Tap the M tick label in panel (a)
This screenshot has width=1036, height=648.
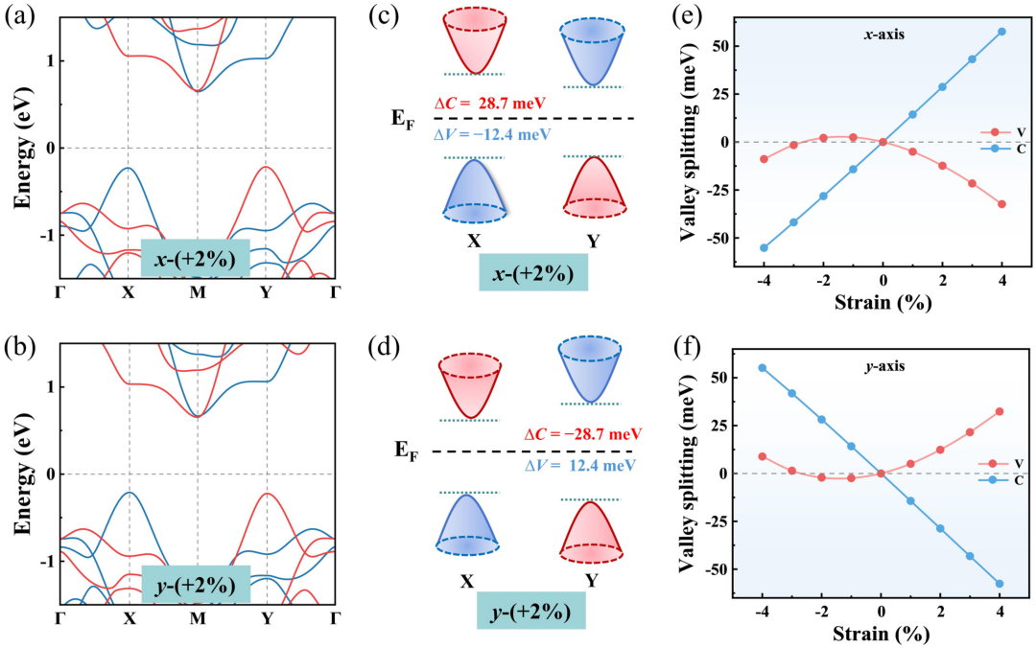tap(197, 292)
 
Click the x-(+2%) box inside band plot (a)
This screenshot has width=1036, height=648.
tap(195, 259)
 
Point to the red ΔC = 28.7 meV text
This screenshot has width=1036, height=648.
tap(489, 104)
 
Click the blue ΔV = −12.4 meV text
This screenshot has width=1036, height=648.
tap(491, 135)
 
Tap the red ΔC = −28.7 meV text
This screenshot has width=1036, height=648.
tap(583, 434)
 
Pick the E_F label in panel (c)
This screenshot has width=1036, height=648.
tap(404, 120)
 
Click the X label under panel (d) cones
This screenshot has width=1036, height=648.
tap(467, 581)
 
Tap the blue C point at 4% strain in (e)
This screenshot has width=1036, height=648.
tap(1001, 32)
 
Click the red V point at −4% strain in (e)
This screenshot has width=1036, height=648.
tap(764, 159)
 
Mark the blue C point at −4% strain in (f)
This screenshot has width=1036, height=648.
tap(763, 368)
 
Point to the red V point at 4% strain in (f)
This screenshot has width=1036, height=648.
tap(1000, 411)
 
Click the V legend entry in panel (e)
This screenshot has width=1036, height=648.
tap(1003, 133)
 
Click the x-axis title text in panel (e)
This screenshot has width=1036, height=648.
tap(884, 35)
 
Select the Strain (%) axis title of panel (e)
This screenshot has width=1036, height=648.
tap(883, 303)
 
